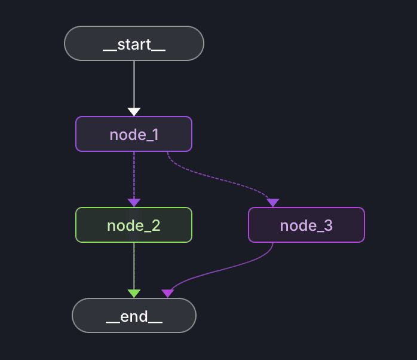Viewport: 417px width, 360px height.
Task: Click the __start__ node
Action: click(x=134, y=44)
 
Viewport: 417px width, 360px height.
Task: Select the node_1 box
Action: click(x=133, y=134)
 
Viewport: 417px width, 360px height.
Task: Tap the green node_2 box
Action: click(x=133, y=225)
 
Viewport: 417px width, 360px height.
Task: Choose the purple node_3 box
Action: click(x=306, y=225)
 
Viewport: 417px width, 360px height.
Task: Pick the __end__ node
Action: click(x=134, y=315)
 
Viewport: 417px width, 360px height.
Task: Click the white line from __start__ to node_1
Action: click(x=134, y=84)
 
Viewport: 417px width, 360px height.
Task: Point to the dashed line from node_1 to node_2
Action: click(x=134, y=173)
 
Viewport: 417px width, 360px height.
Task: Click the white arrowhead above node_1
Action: click(x=134, y=112)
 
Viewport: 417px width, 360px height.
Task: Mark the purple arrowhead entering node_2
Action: click(x=134, y=203)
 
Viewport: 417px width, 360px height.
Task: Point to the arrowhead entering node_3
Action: click(x=273, y=203)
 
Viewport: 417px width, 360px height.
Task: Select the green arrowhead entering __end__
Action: click(x=134, y=293)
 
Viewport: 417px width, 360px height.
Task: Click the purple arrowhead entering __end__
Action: click(x=168, y=293)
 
